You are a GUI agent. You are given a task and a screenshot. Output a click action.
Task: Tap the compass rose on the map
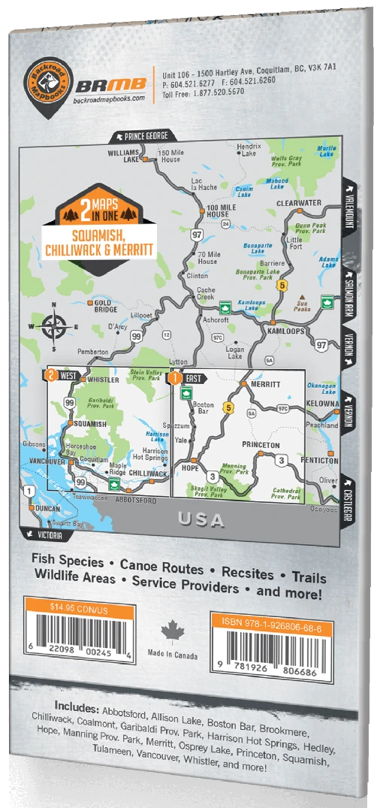pyautogui.click(x=52, y=325)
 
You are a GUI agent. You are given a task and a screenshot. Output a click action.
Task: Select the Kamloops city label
pyautogui.click(x=287, y=331)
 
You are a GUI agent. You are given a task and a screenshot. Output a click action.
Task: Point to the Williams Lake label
pyautogui.click(x=123, y=156)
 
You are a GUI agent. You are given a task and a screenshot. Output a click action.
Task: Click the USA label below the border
pyautogui.click(x=201, y=519)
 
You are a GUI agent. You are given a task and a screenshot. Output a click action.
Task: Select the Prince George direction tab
pyautogui.click(x=143, y=137)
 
